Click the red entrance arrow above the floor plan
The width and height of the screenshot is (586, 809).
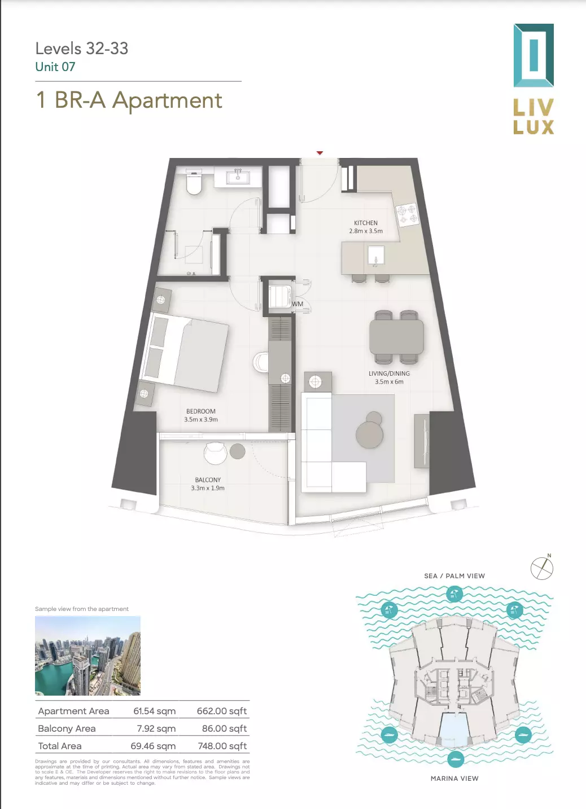[320, 153]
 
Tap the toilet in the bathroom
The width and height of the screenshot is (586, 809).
[194, 182]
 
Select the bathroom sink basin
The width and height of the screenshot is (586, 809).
[238, 177]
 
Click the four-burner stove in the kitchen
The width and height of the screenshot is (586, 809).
[408, 215]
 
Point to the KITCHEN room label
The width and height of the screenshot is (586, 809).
[365, 223]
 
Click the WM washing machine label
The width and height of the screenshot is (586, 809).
[298, 304]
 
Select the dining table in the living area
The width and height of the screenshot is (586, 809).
[396, 337]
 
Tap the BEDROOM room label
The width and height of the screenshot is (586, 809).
[200, 411]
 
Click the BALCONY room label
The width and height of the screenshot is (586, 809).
[208, 480]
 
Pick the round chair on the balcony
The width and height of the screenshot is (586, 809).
[216, 453]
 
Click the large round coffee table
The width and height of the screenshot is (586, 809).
[369, 435]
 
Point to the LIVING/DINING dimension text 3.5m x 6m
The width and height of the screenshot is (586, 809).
[389, 381]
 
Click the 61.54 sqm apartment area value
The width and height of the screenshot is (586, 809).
[154, 711]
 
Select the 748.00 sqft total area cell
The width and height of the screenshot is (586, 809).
[222, 746]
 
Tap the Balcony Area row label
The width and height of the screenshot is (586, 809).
[67, 728]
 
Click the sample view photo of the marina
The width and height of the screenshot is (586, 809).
[88, 656]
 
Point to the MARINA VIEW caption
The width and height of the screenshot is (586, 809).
[454, 779]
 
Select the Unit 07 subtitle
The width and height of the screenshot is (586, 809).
[55, 67]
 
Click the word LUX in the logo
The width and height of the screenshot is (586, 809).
[533, 127]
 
